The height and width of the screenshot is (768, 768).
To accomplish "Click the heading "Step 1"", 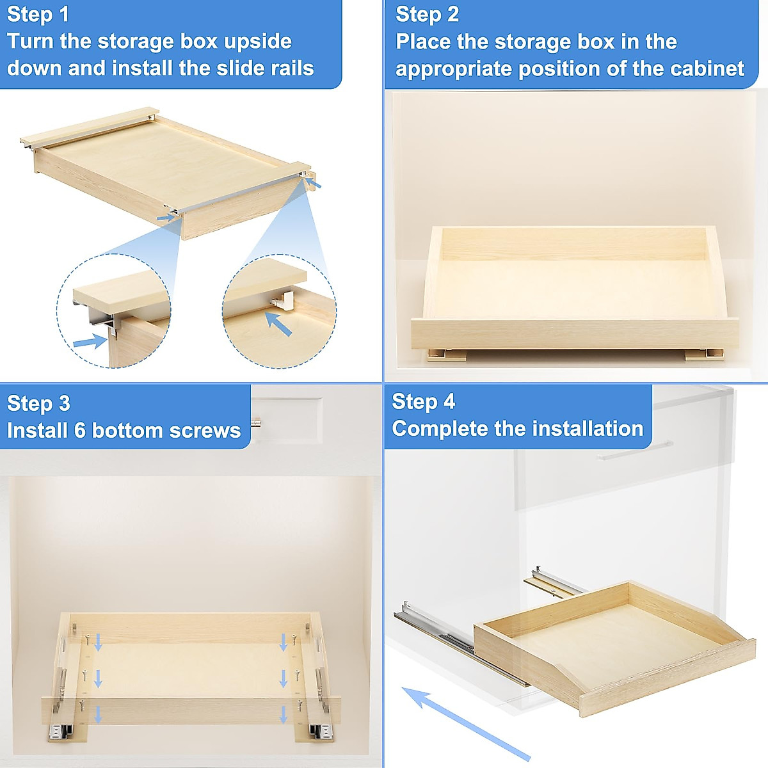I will pos(38,15).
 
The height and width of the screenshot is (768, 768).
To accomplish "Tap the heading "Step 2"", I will pos(427,15).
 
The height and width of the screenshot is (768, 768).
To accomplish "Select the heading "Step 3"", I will pos(38,403).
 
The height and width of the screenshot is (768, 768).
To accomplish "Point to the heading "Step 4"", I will pos(423,401).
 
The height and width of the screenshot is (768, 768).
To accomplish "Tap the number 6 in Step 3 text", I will pos(79,430).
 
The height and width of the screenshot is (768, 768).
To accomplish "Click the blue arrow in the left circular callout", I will pos(90,342).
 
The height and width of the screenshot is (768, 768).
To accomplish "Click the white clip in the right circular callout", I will pos(282,300).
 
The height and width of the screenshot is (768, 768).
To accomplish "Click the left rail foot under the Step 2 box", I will pos(446,354).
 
